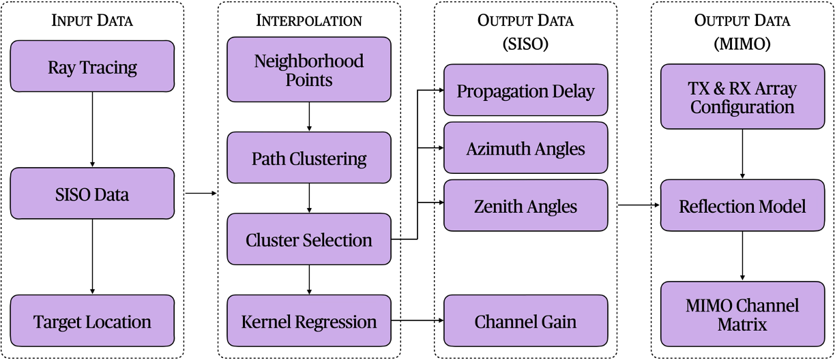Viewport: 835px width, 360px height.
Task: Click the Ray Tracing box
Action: tap(92, 66)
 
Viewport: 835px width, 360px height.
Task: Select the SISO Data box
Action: tap(92, 194)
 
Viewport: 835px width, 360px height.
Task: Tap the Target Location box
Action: tap(92, 321)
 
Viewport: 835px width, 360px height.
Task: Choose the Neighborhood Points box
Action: tap(308, 70)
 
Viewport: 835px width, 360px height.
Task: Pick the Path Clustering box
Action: tap(308, 158)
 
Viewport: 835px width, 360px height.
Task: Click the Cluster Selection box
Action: tap(308, 239)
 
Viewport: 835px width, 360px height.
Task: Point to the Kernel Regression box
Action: tap(308, 321)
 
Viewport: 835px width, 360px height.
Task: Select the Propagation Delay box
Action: tap(525, 90)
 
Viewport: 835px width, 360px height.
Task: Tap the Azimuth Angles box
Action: tap(525, 148)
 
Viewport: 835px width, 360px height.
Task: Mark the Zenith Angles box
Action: tap(525, 205)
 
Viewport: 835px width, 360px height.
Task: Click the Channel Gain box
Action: tap(525, 321)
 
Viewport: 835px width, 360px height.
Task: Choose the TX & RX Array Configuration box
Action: tap(742, 97)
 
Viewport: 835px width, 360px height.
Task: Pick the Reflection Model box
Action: tap(742, 205)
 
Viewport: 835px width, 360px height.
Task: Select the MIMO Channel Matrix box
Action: tap(742, 314)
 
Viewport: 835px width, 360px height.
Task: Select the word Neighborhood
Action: tap(308, 61)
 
